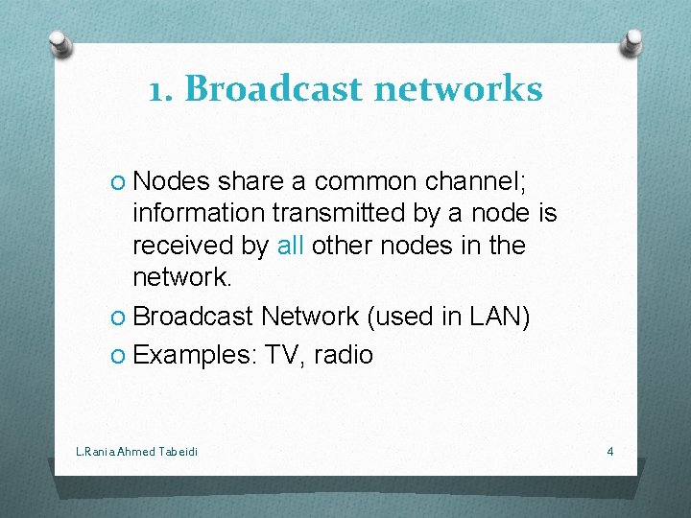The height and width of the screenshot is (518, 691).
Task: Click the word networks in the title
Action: point(458,89)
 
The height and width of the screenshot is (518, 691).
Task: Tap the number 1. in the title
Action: point(161,89)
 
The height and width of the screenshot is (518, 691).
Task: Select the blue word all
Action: point(290,246)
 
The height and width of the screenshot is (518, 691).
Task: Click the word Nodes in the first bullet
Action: point(172,181)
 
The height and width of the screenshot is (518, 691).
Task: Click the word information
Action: point(198,213)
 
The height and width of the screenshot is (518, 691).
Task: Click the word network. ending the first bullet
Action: point(182,277)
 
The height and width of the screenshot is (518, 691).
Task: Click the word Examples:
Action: point(195,355)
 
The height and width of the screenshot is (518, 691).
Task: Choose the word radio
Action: point(345,355)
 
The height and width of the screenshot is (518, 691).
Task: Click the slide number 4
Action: point(610,451)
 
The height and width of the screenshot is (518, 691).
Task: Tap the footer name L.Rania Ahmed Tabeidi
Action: point(136,451)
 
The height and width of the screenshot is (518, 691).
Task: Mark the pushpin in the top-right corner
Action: point(633,41)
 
